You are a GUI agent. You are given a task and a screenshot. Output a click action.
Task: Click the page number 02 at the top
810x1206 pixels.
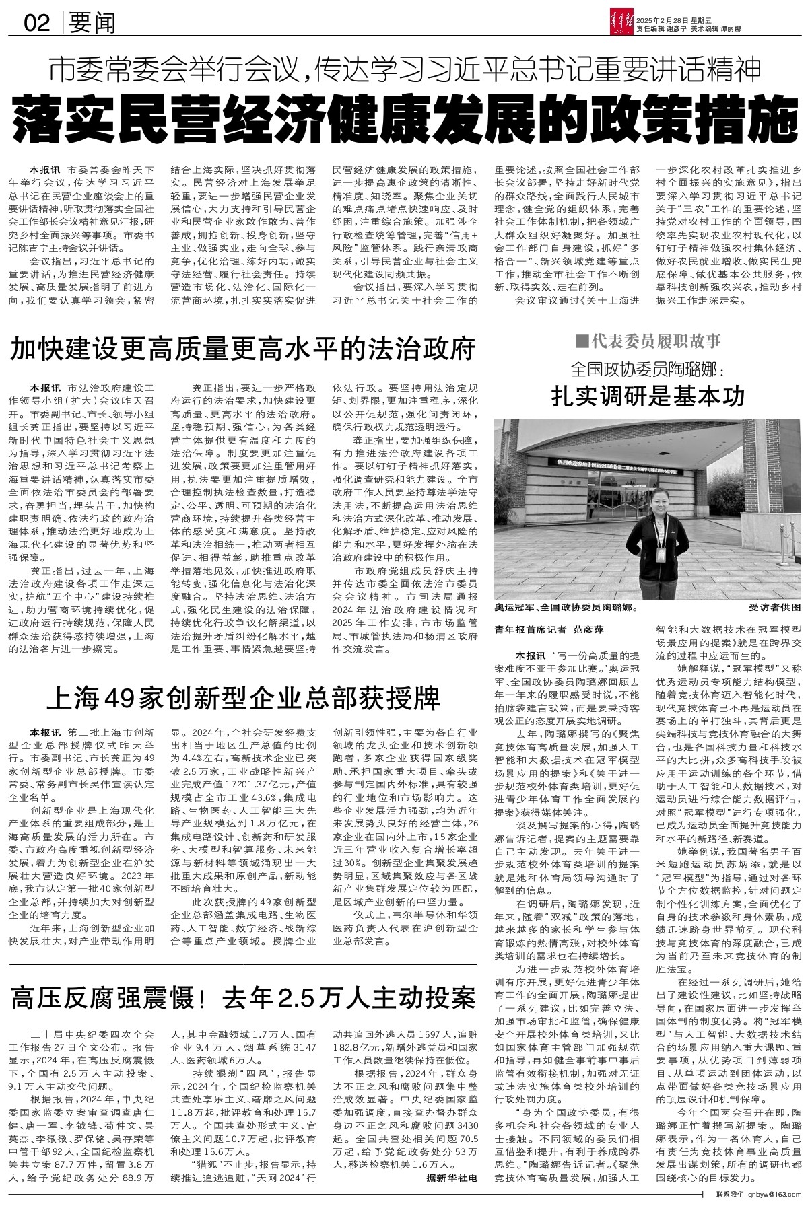point(36,24)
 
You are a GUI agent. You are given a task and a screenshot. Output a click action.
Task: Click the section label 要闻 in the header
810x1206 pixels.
point(91,24)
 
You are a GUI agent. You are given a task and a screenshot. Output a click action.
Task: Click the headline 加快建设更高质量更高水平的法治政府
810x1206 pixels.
point(243,350)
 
